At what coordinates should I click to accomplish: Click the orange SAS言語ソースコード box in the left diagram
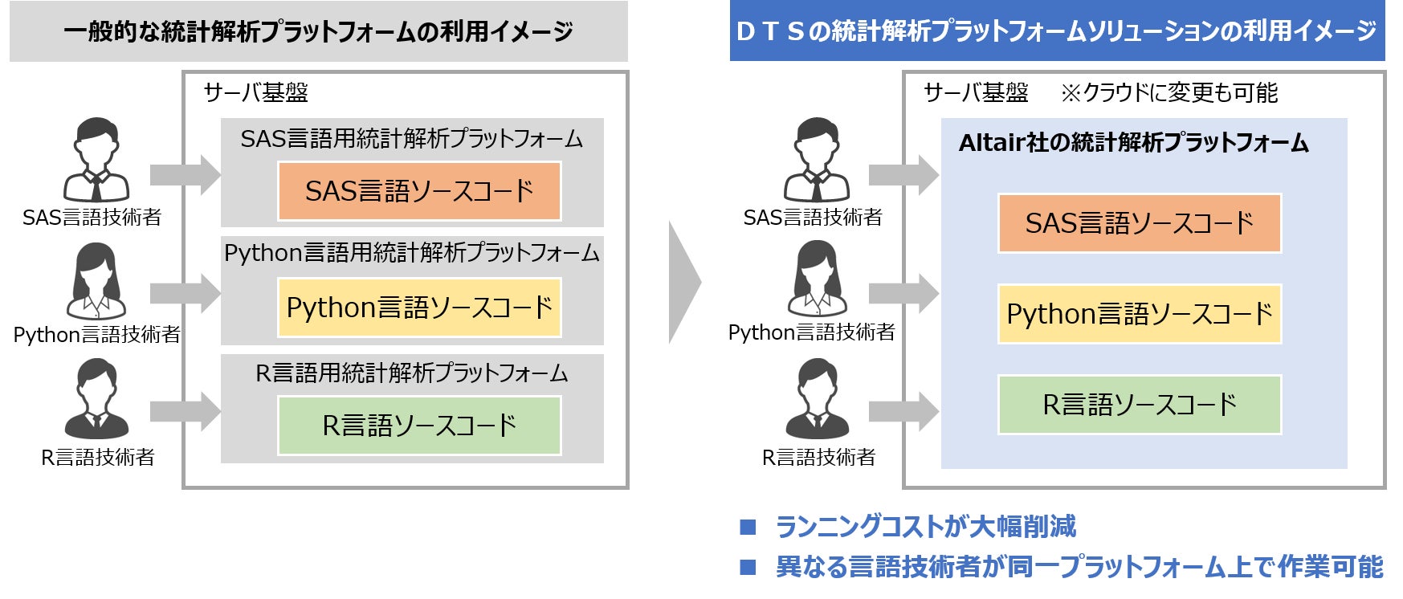[x=419, y=191]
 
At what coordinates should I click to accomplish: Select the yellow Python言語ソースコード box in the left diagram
[x=419, y=308]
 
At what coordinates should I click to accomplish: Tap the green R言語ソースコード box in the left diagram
[x=419, y=426]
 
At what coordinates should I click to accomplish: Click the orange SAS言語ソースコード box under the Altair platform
[x=1140, y=223]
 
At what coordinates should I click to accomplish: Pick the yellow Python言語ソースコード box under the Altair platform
[x=1140, y=314]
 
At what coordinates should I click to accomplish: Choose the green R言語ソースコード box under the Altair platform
[x=1140, y=405]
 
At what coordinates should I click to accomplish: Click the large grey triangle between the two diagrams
[x=685, y=282]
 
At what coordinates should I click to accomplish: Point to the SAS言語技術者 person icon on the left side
[x=96, y=161]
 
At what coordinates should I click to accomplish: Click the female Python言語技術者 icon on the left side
[x=96, y=282]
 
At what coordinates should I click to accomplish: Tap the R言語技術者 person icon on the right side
[x=817, y=399]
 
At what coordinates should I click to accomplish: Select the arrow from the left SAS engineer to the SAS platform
[x=186, y=175]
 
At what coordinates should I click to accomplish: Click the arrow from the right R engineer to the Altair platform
[x=904, y=412]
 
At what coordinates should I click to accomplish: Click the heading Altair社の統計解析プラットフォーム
[x=1133, y=143]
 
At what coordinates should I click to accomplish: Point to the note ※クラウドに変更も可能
[x=1168, y=93]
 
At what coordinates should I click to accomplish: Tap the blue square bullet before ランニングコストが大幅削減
[x=748, y=527]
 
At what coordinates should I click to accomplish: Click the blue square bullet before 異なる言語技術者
[x=748, y=567]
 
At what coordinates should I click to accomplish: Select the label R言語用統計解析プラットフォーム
[x=412, y=373]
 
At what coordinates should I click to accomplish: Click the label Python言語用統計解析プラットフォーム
[x=412, y=254]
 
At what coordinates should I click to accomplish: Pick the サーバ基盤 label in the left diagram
[x=256, y=93]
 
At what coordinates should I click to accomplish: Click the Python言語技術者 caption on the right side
[x=811, y=332]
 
